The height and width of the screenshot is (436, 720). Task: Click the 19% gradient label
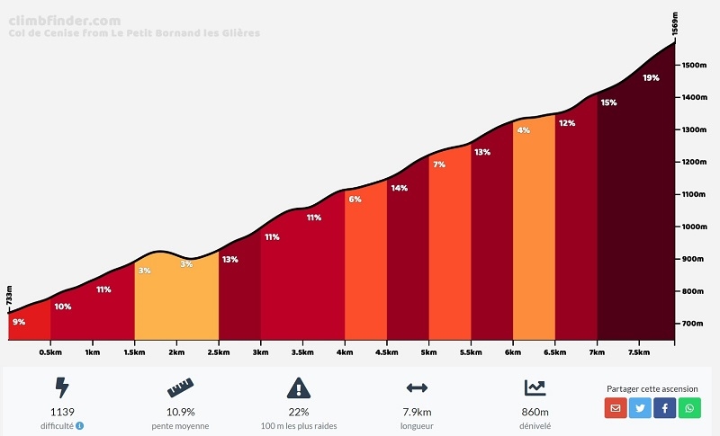[651, 78]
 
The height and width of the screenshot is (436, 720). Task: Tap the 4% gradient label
[523, 130]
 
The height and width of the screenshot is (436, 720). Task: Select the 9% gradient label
[19, 322]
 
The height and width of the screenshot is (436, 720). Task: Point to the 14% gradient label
[399, 188]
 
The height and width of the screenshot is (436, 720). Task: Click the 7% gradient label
[439, 165]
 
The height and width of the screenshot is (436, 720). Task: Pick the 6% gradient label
[355, 200]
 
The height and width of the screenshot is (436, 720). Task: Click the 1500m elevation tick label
[694, 66]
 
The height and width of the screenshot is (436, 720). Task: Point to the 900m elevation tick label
[694, 259]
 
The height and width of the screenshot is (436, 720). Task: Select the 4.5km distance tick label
[387, 353]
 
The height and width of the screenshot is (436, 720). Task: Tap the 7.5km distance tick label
[639, 353]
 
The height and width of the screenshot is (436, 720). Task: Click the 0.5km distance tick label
[51, 353]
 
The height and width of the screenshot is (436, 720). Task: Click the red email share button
[616, 408]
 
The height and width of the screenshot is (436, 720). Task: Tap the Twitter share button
[641, 408]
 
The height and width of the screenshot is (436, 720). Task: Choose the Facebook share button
[665, 408]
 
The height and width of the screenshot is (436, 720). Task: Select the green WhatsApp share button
[689, 408]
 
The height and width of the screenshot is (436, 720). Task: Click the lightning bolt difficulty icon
[62, 387]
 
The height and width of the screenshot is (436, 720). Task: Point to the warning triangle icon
[299, 387]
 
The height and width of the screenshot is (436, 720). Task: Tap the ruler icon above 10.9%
[180, 387]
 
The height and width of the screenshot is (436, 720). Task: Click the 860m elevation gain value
[535, 413]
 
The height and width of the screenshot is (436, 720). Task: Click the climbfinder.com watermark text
[64, 21]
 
